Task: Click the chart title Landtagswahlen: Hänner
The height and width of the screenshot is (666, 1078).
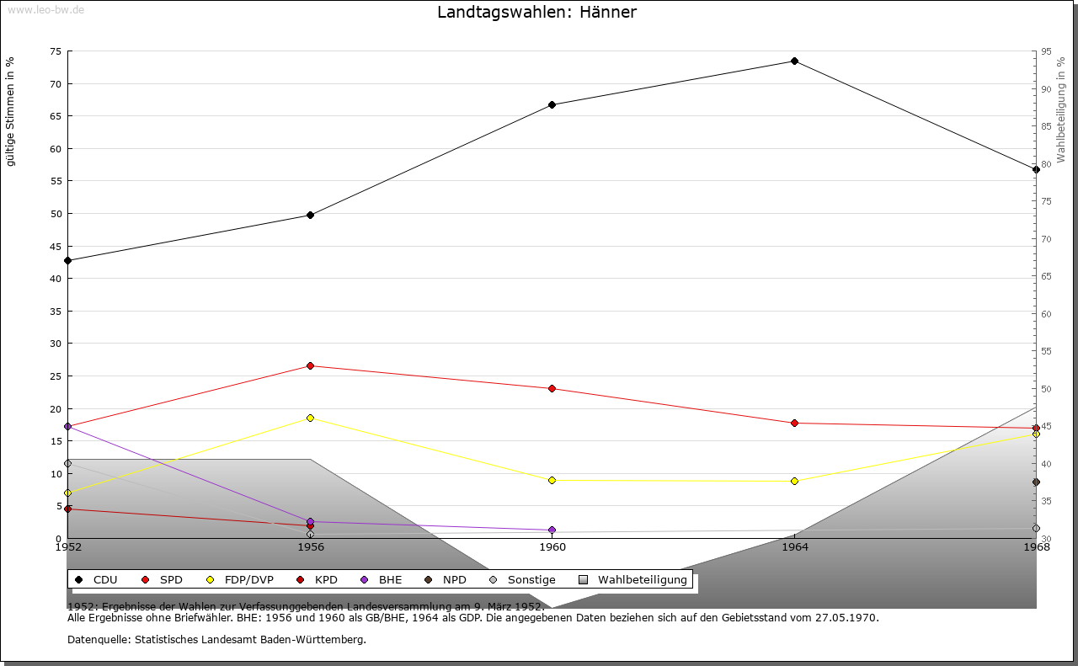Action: pyautogui.click(x=536, y=13)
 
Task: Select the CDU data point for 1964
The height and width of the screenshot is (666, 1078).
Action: pyautogui.click(x=794, y=61)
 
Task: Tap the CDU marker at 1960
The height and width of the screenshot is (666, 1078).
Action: pyautogui.click(x=552, y=105)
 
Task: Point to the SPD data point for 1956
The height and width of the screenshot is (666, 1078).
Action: pyautogui.click(x=310, y=366)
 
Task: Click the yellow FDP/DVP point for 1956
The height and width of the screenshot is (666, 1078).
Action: pyautogui.click(x=310, y=418)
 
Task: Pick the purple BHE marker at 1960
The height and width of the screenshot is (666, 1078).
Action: pyautogui.click(x=552, y=530)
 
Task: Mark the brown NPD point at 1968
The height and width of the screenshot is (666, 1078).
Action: pyautogui.click(x=1036, y=482)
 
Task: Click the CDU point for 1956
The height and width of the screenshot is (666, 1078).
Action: pyautogui.click(x=310, y=216)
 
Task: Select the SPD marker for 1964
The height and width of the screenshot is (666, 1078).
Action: pyautogui.click(x=794, y=424)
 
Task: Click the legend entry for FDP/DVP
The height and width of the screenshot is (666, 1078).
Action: pyautogui.click(x=240, y=580)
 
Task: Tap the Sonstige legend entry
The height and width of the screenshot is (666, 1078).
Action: pyautogui.click(x=522, y=580)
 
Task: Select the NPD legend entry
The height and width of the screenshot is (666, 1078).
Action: pyautogui.click(x=446, y=580)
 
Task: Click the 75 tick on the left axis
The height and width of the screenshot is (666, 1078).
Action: pyautogui.click(x=55, y=51)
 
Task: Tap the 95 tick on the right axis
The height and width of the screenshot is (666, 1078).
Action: pyautogui.click(x=1046, y=51)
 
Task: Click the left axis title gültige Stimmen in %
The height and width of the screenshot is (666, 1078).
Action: pyautogui.click(x=11, y=112)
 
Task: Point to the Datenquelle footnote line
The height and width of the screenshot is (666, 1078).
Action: pyautogui.click(x=216, y=640)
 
